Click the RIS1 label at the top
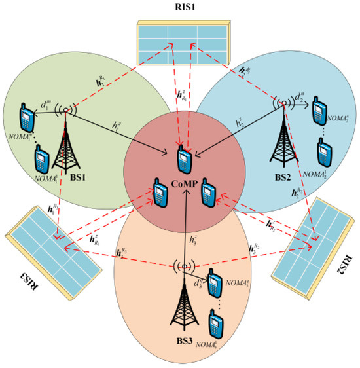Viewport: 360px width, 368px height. [x=180, y=8]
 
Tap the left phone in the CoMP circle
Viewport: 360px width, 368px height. [x=159, y=191]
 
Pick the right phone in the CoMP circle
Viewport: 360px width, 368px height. [x=207, y=190]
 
